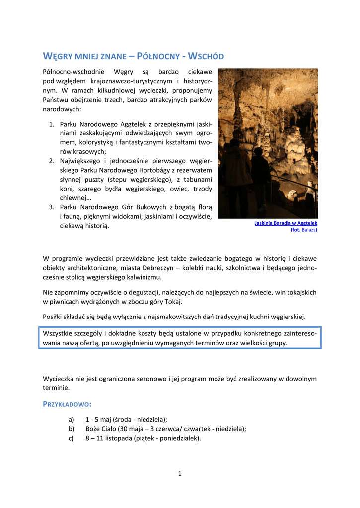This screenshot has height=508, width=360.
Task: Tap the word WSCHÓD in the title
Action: [205, 56]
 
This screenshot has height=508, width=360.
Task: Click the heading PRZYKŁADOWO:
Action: [67, 404]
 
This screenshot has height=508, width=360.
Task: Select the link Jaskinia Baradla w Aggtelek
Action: [286, 224]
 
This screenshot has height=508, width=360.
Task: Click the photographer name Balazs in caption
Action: [309, 230]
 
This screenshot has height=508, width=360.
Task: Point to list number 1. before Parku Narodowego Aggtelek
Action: [52, 124]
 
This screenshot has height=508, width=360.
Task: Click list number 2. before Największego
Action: [52, 161]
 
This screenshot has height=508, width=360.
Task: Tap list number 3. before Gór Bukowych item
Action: [52, 207]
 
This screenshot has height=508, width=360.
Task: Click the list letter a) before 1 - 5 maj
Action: [72, 419]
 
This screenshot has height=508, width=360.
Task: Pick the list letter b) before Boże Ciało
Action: [72, 429]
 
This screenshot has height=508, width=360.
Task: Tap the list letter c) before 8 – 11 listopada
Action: [72, 438]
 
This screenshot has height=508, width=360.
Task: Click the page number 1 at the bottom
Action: [180, 474]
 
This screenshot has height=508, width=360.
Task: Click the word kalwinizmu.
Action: [140, 277]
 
